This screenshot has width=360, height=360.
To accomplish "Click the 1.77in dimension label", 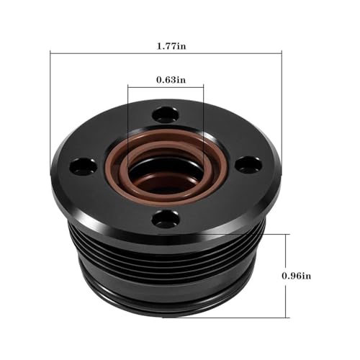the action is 171,46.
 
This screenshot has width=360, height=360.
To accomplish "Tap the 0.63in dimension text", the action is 171,80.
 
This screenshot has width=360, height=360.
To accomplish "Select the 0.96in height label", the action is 297,276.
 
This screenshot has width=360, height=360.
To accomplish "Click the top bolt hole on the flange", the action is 166,115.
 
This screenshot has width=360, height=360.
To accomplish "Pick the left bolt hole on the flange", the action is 84,166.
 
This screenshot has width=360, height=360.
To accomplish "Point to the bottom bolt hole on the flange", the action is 166,218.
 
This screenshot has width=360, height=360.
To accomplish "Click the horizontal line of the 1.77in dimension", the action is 166,53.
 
